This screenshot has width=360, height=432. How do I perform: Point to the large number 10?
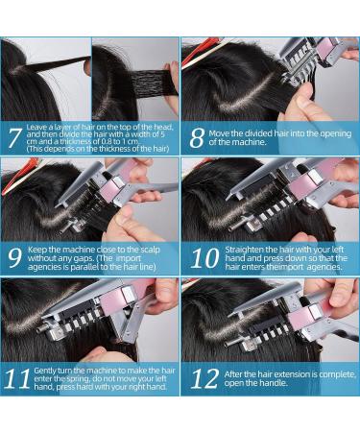coord(202,256)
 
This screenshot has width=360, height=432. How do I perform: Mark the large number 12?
coord(203,377)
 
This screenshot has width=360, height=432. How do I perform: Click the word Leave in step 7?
coord(39,127)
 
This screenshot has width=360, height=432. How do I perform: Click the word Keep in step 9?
coord(39,249)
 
